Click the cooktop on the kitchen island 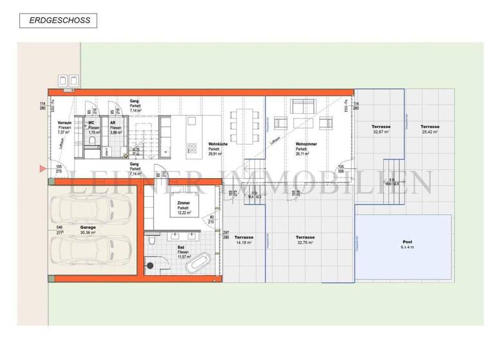tap(192, 148)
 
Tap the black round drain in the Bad tap(151, 264)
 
